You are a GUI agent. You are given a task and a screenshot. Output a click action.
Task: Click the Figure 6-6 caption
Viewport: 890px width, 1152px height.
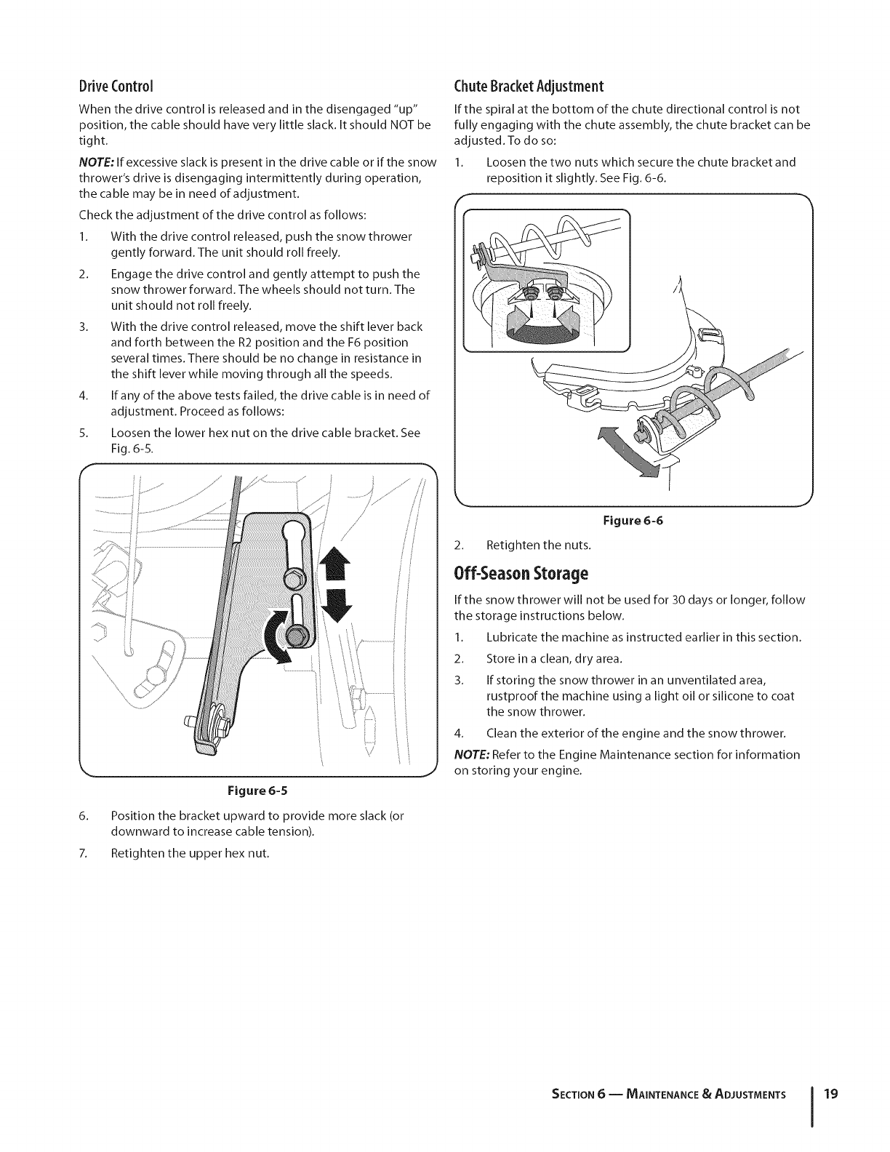[633, 521]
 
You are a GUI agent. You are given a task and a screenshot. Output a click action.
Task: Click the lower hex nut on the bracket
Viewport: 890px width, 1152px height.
[297, 634]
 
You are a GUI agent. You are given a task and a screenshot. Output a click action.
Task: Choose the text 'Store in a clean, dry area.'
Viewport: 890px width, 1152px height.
[554, 659]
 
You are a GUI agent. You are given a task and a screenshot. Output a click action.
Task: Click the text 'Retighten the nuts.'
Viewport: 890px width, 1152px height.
[538, 544]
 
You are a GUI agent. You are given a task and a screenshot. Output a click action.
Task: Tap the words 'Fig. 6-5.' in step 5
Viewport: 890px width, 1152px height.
[132, 449]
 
